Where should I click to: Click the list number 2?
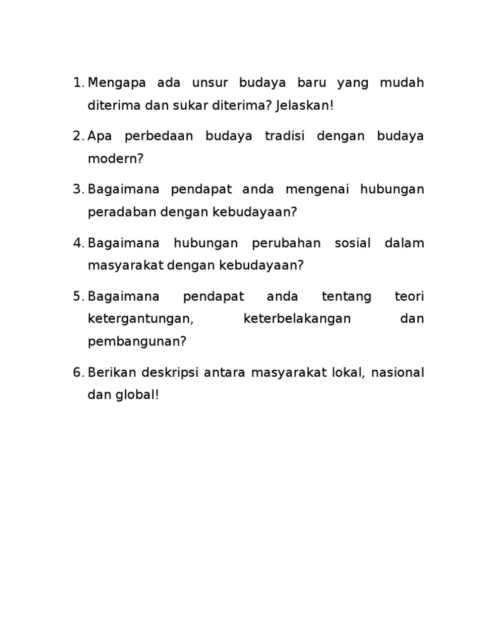tap(77, 136)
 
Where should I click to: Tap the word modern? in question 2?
tap(116, 159)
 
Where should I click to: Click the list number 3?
tap(77, 190)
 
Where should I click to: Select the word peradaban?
tap(122, 212)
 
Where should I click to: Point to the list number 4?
tap(77, 243)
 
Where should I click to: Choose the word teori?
tap(409, 296)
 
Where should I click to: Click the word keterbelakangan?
tap(297, 319)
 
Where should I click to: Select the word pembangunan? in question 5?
tap(137, 342)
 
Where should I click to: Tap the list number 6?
tap(77, 373)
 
